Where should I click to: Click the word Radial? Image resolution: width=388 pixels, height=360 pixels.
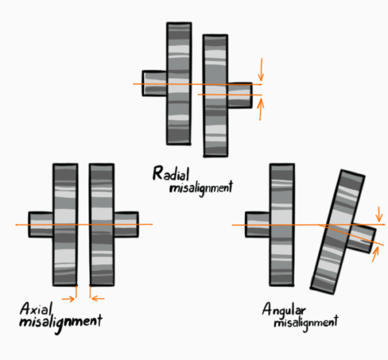click(171, 173)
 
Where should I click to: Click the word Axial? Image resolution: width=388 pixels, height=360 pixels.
click(36, 309)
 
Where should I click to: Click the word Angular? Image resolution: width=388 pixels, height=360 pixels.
click(284, 310)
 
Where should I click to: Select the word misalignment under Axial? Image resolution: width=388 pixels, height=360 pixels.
click(61, 323)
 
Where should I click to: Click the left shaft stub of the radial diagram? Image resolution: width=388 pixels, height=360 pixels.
click(155, 83)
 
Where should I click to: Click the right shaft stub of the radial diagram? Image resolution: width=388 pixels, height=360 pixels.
click(240, 95)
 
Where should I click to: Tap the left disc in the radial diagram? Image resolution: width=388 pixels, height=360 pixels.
click(179, 83)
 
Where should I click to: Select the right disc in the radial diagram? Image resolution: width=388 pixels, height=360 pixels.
click(215, 96)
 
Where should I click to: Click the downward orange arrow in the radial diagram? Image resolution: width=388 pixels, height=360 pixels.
click(261, 70)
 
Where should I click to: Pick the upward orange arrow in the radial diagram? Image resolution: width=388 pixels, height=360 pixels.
click(261, 109)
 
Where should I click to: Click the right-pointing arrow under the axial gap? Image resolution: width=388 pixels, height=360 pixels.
click(68, 299)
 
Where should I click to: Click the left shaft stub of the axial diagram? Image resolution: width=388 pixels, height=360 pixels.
click(41, 224)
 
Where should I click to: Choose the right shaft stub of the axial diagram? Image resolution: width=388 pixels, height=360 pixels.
click(126, 224)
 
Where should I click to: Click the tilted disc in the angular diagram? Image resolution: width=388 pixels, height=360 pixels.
click(338, 231)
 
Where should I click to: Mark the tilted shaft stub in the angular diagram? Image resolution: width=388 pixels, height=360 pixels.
click(361, 238)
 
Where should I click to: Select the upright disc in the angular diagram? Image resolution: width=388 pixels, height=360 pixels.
click(282, 225)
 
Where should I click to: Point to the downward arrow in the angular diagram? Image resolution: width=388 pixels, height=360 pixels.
click(379, 214)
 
